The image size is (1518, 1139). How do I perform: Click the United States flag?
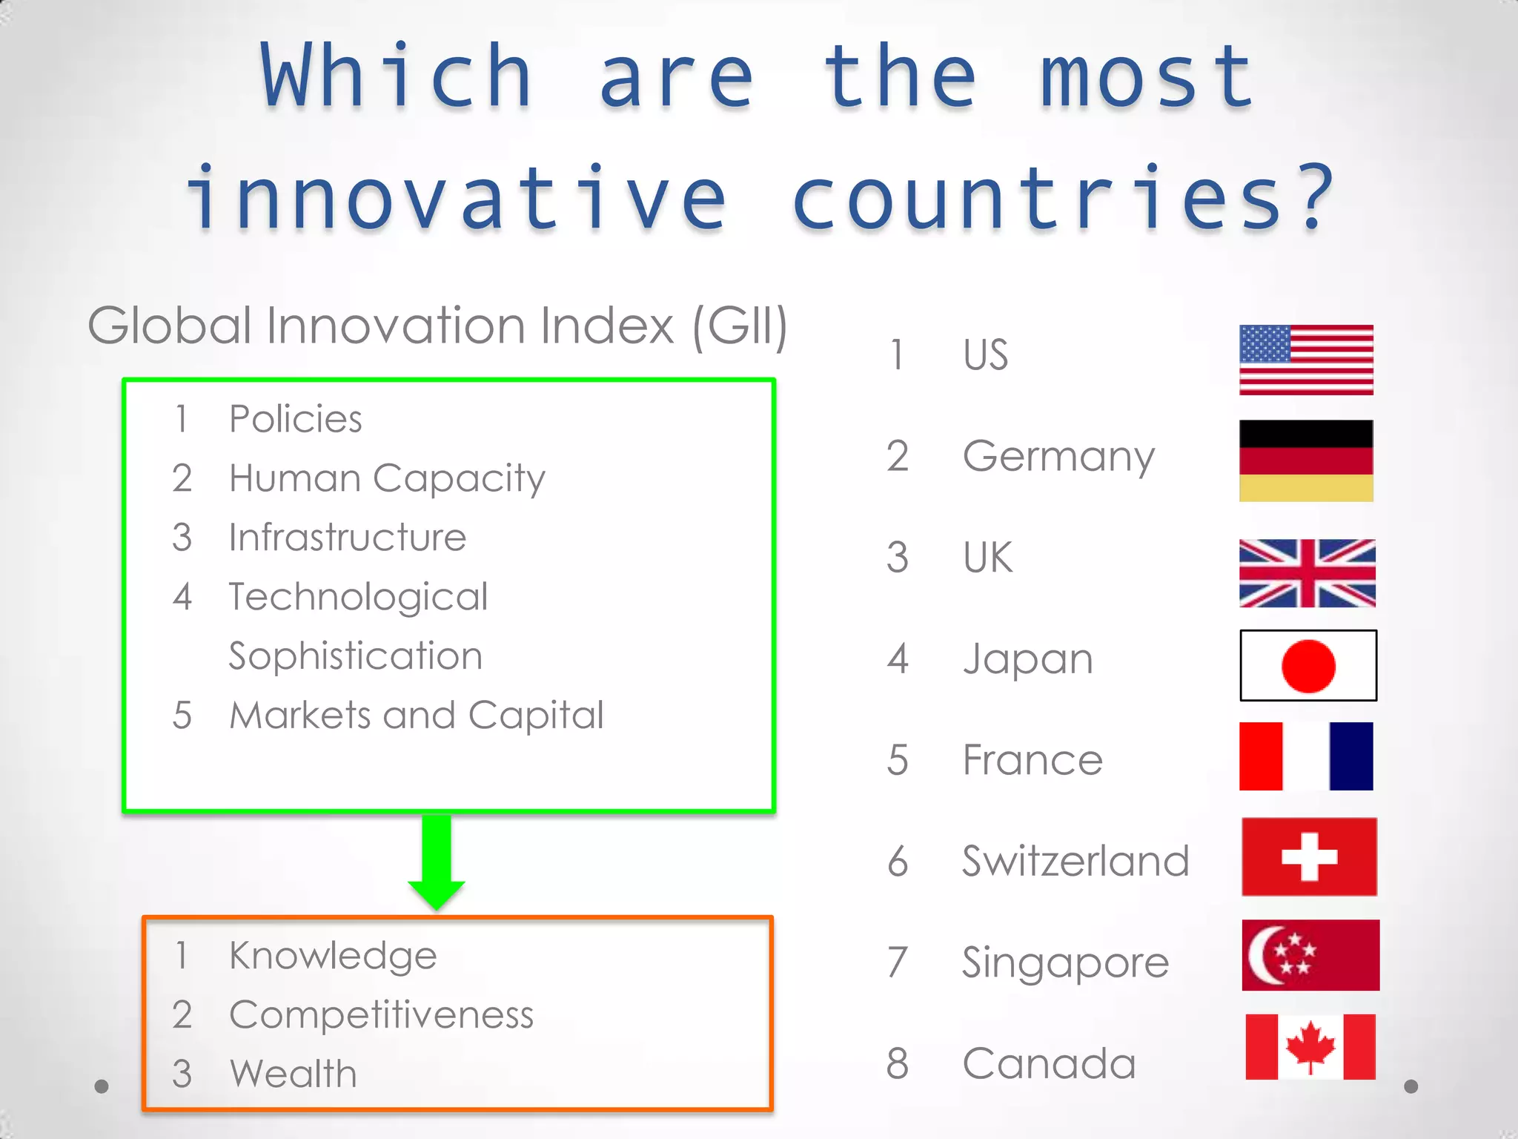(1306, 360)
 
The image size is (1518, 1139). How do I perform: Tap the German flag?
(1306, 460)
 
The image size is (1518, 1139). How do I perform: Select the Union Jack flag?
(1307, 573)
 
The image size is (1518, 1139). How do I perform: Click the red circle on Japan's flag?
(1308, 666)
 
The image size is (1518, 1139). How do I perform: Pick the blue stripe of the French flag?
(1351, 756)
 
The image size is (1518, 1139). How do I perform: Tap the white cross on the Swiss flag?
(1310, 857)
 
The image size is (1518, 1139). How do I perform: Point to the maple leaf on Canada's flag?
(1310, 1046)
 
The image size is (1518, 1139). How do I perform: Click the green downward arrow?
(437, 860)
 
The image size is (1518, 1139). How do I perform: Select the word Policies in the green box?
(296, 419)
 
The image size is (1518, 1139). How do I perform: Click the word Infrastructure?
(348, 538)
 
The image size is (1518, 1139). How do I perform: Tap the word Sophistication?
(356, 656)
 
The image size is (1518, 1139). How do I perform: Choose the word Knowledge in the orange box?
(333, 956)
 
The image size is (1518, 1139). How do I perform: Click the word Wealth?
(294, 1074)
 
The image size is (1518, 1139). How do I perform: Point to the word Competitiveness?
(381, 1015)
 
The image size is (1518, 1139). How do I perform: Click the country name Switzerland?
(1075, 861)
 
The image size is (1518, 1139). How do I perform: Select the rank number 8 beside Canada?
(898, 1063)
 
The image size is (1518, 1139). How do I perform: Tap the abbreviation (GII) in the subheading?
(739, 326)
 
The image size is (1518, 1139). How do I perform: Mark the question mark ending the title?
(1317, 197)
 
